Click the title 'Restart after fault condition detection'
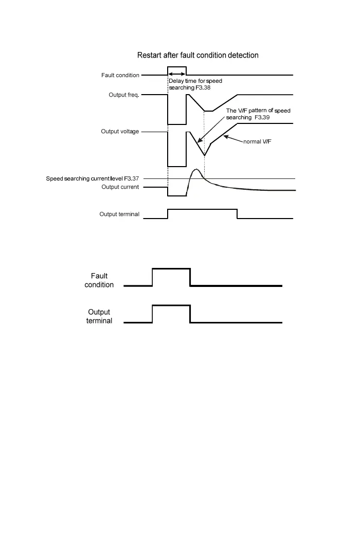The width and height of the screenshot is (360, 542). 197,55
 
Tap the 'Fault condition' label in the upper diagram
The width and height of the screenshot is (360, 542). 120,75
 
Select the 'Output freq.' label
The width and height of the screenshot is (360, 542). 124,95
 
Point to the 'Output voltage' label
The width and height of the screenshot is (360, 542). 120,132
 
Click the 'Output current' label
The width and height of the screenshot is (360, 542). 120,187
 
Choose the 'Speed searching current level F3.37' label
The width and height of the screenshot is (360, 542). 93,178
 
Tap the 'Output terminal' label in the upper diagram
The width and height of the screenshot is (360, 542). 119,214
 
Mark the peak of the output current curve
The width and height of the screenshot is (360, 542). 195,169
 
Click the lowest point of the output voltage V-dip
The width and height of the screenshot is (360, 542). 204,155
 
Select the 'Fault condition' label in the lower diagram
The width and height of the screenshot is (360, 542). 99,280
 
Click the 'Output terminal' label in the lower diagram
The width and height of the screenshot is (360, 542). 99,316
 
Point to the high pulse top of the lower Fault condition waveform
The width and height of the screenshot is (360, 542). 171,268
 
